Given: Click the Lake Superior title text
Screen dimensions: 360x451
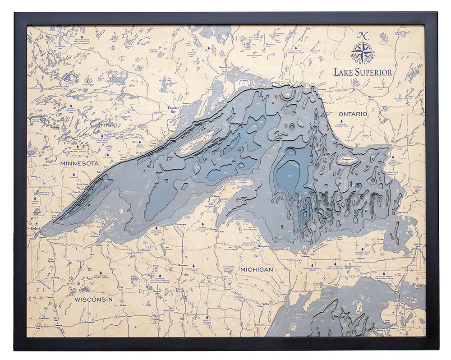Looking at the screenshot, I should (363, 72).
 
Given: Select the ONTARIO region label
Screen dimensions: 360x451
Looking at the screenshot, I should (353, 114).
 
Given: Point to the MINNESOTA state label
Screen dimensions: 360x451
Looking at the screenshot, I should (79, 163).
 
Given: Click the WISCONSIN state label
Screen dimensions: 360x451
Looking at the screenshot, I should (93, 299).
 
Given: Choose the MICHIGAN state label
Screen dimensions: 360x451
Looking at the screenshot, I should (257, 269).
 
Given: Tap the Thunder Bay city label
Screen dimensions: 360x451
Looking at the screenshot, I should (174, 110).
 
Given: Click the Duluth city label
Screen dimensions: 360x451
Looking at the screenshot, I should (36, 229).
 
